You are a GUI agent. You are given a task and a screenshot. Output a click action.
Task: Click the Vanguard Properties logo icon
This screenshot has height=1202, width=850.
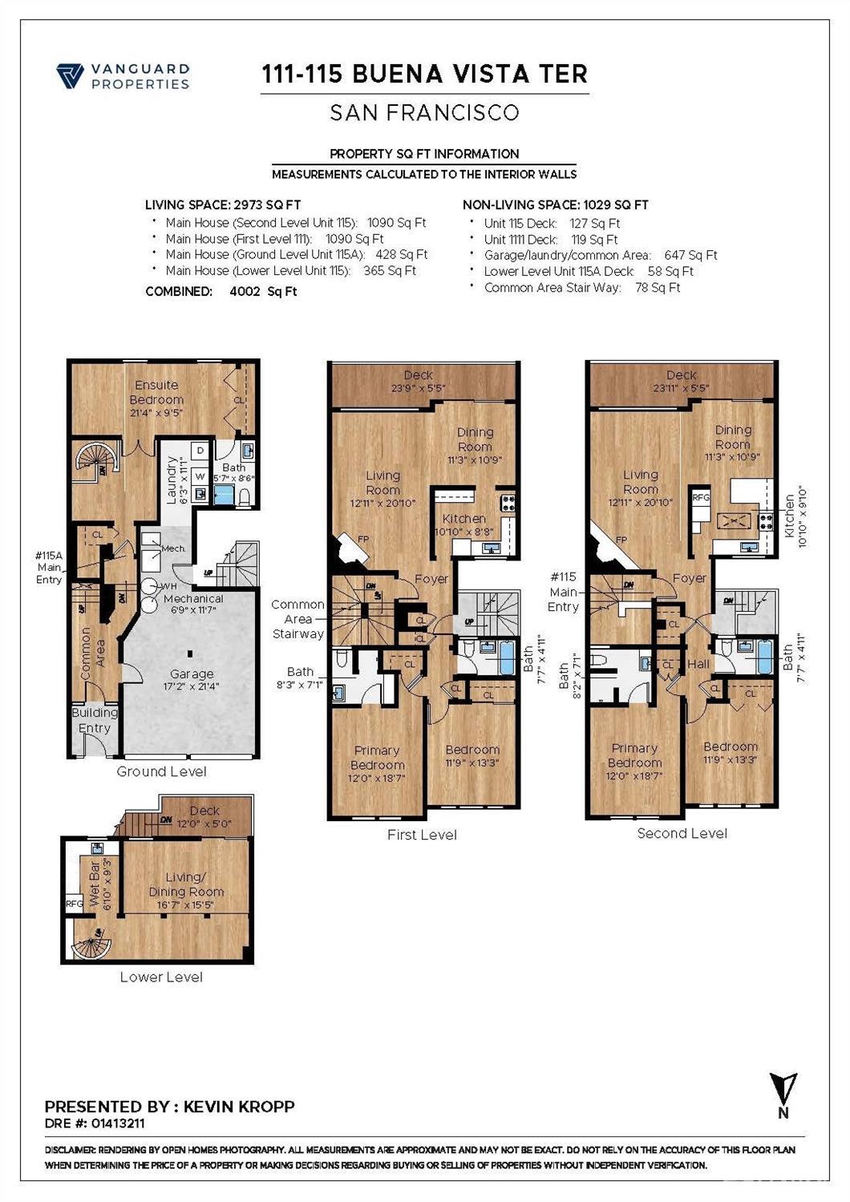coord(70,76)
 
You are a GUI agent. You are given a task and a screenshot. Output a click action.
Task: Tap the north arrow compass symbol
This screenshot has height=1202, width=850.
coord(783,1091)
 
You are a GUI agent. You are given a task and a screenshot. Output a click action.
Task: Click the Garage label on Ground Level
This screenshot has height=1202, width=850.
coord(192,674)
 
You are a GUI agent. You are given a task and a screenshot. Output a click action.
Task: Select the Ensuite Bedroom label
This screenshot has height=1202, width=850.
coord(156,392)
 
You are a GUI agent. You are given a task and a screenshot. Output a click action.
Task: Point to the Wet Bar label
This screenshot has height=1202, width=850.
coord(95,884)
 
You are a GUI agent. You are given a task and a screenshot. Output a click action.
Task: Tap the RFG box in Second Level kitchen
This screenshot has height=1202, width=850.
coord(700,497)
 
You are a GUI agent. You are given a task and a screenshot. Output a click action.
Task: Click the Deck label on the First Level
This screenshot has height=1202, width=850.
coord(419,375)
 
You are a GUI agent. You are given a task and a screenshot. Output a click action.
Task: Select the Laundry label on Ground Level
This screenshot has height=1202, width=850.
coord(171,480)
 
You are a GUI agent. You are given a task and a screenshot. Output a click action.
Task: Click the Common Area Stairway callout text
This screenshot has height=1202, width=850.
coord(297,619)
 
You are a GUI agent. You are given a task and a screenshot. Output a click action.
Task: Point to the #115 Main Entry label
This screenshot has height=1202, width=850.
coord(563,592)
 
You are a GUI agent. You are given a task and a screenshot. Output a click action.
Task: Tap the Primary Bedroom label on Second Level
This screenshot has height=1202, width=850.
coord(634,755)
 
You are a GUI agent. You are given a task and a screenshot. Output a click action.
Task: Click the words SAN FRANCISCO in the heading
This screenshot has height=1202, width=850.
coord(424,113)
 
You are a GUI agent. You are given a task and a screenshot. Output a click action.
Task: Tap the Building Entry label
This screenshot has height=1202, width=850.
coord(95,720)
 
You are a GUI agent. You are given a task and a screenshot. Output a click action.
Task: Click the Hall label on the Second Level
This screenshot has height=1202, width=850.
coord(698,664)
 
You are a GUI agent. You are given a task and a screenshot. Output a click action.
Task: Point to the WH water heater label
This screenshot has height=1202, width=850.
coord(169,586)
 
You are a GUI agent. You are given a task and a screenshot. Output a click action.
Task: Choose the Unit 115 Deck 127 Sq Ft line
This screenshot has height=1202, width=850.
coord(552,224)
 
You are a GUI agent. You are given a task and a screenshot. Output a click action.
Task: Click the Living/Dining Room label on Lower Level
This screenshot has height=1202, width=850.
coord(186,884)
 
